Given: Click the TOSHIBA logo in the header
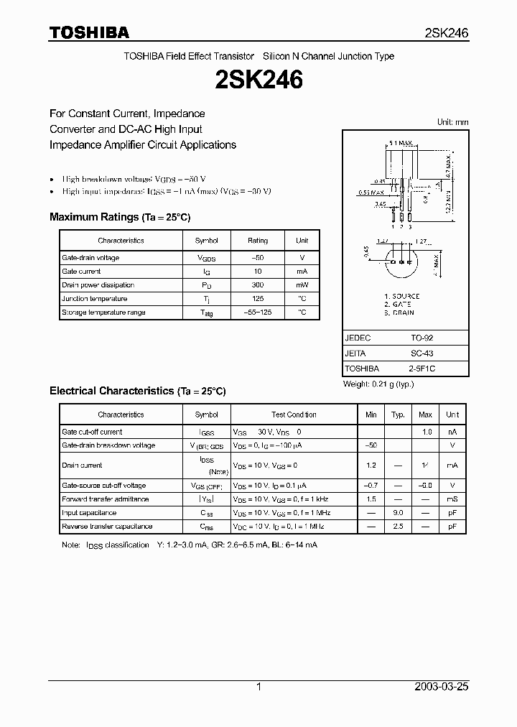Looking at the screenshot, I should point(89,32).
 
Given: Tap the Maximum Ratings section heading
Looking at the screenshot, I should point(120,217).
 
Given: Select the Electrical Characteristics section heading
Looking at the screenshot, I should point(138,391).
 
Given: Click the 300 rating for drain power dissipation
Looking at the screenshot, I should point(257,285).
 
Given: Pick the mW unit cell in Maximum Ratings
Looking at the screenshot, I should point(302,285).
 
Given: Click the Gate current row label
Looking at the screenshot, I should point(81,272).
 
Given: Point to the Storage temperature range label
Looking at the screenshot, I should point(103,312).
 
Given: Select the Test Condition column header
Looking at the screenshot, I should point(294,415).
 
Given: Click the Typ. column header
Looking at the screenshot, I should point(398,415).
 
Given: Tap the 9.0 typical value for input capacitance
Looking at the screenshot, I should point(398,513).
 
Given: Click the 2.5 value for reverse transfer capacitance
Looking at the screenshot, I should point(398,527).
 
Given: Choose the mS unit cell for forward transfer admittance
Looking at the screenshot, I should point(452,499).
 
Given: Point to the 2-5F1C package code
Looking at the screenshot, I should point(421,369).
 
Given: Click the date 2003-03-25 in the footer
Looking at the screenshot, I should point(442,687).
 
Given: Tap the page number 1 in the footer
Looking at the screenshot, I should point(258,687).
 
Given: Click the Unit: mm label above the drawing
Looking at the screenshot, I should point(452,122).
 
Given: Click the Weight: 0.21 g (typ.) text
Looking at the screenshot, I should point(378,384).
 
